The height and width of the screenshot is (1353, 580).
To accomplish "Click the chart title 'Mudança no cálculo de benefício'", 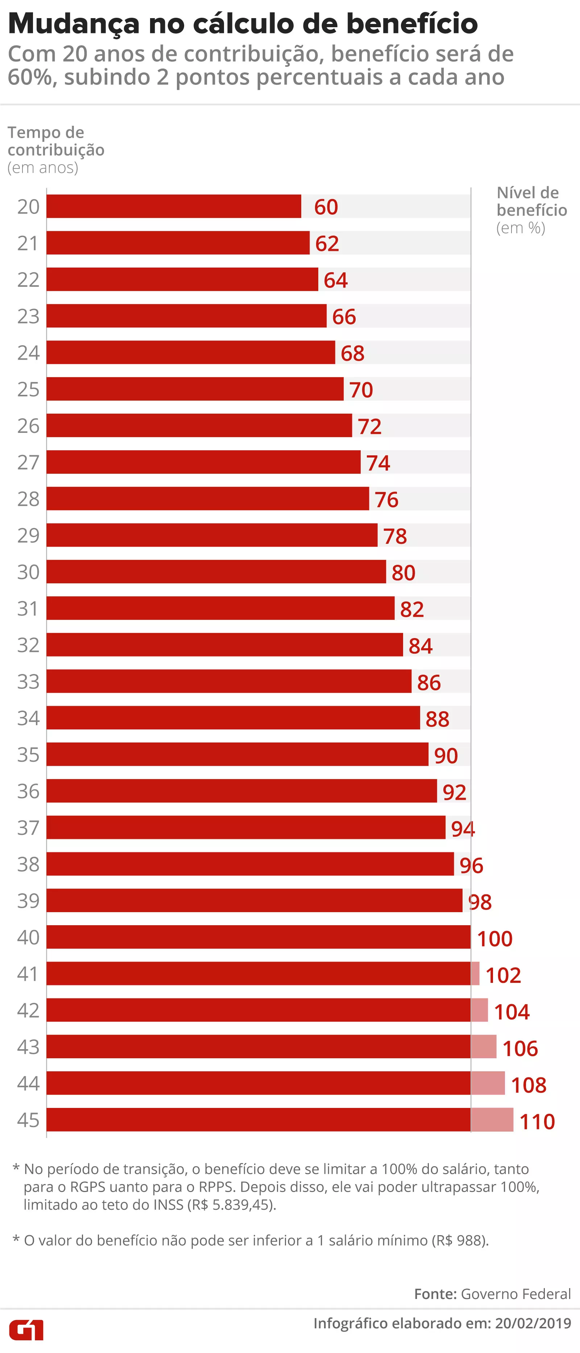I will [x=243, y=24].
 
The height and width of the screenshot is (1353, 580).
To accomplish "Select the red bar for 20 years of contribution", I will [x=173, y=206].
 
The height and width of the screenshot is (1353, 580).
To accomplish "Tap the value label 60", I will [x=326, y=207].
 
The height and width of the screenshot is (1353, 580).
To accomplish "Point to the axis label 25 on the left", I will [x=28, y=389].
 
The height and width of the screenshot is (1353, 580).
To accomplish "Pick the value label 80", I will [x=403, y=572].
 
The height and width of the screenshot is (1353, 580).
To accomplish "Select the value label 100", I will [x=494, y=939].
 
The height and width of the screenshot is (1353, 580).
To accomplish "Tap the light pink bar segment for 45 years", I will [x=492, y=1119].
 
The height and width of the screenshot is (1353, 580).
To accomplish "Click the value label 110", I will [x=537, y=1121].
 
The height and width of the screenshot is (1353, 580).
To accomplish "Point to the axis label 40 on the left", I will [x=28, y=938].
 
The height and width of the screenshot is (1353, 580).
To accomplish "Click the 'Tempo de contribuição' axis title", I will [x=56, y=141].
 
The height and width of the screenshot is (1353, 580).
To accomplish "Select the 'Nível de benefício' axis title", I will [x=531, y=202].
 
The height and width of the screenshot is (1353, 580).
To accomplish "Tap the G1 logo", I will [x=26, y=1329].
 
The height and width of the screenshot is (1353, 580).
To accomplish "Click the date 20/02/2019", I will [x=533, y=1323].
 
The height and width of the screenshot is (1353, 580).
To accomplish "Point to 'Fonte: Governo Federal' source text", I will [x=492, y=1294].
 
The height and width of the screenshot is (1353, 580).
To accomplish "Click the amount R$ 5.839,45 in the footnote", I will [x=232, y=1204].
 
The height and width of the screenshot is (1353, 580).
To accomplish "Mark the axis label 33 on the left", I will [x=28, y=681].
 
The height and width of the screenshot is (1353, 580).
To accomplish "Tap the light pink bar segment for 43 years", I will [x=483, y=1046].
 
